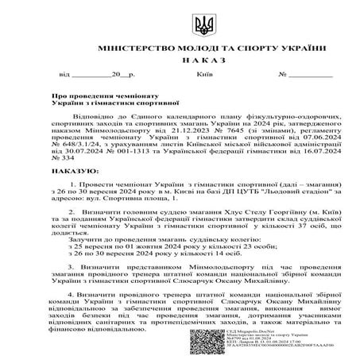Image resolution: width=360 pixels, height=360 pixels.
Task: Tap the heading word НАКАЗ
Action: pos(180,60)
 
